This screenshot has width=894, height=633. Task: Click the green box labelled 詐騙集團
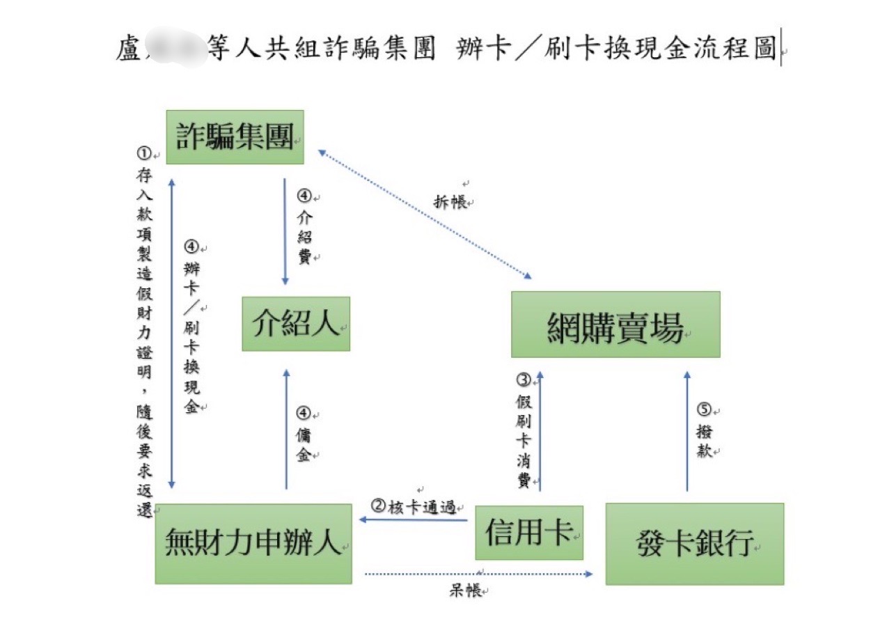[x=235, y=137]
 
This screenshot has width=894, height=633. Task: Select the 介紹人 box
[x=296, y=324]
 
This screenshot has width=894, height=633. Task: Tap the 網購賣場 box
[x=615, y=325]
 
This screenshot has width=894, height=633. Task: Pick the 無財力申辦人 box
[x=253, y=543]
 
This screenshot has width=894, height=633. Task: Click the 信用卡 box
[x=529, y=533]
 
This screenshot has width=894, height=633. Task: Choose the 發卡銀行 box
[x=695, y=544]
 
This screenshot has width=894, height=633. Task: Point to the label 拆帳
[x=451, y=202]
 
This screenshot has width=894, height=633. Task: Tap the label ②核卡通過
[x=414, y=507]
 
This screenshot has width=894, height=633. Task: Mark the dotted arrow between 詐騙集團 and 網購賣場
[x=424, y=213]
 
